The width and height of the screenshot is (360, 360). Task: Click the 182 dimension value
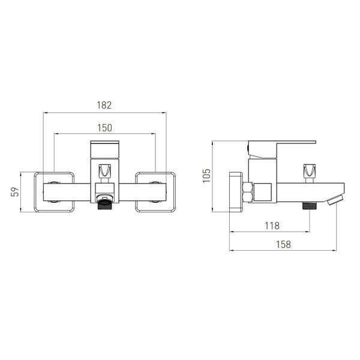click(104, 105)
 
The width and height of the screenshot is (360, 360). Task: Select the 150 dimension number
click(104, 128)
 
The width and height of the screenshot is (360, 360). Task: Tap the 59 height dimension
click(15, 192)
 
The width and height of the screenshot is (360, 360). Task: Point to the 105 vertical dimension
click(206, 175)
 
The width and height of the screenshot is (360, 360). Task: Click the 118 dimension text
click(272, 226)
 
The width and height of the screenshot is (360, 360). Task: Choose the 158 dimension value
click(283, 244)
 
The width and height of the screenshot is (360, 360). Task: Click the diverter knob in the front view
click(104, 170)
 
